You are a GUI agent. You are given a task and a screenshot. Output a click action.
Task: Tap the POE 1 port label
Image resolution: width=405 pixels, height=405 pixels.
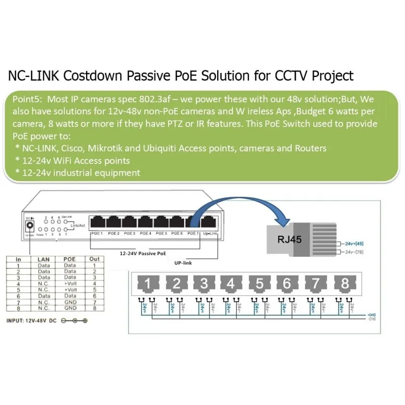97,233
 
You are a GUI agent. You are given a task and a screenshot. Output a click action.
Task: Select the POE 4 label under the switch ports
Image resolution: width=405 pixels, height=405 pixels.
146,233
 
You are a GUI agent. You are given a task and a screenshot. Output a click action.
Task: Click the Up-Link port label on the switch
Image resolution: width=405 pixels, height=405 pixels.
209,233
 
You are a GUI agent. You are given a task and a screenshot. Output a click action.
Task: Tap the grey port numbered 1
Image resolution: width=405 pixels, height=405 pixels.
147,284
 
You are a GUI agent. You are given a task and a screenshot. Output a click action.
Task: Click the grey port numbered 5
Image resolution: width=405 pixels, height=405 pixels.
259,284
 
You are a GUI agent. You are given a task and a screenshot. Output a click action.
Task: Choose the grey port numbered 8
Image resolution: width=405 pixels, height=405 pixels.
345,284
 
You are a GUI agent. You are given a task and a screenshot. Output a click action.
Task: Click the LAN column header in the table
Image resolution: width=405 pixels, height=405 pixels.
44,259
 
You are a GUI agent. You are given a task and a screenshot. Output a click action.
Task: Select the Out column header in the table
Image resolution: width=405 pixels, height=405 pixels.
94,259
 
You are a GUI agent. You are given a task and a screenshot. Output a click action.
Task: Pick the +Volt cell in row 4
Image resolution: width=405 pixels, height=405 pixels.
70,283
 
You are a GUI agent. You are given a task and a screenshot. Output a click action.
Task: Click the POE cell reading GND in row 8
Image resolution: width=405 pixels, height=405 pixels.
70,308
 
